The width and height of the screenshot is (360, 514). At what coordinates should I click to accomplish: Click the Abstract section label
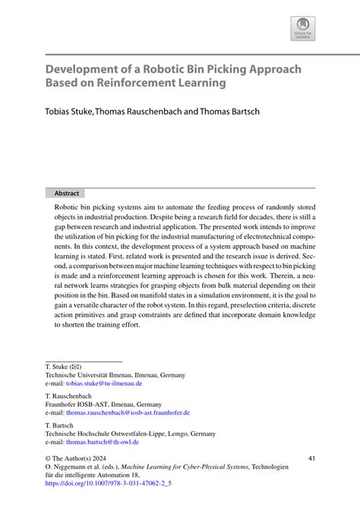pyautogui.click(x=67, y=193)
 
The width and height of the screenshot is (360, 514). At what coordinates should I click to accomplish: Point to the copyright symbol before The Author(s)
pyautogui.click(x=49, y=459)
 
